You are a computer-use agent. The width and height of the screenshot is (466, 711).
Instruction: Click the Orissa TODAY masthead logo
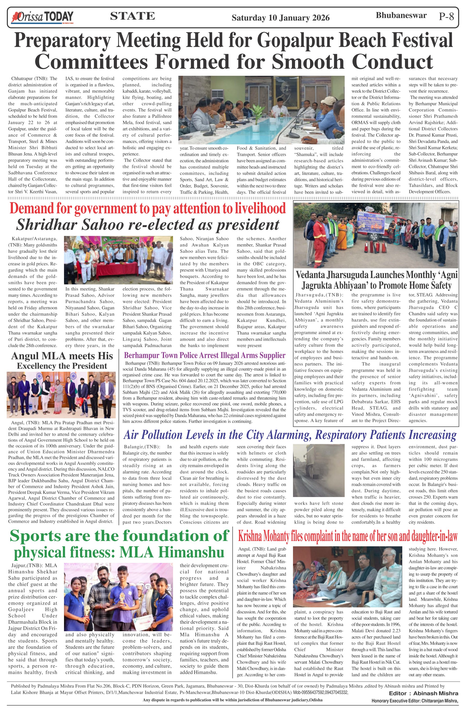(x=42, y=17)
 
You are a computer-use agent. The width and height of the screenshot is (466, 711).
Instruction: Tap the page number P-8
(x=446, y=16)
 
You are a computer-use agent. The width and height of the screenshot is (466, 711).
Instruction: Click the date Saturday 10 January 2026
(x=280, y=18)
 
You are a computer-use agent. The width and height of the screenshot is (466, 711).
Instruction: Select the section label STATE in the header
(x=132, y=16)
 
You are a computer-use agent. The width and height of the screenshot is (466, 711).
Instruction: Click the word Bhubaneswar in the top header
(x=401, y=16)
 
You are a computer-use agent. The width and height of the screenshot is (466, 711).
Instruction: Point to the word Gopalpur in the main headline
(x=297, y=40)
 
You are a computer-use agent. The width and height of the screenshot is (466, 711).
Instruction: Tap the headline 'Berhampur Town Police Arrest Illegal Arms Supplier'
(x=204, y=355)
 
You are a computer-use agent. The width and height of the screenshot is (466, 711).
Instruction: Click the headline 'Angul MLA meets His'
(x=62, y=356)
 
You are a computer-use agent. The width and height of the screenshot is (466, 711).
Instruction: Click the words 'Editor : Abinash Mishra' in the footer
(x=423, y=693)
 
